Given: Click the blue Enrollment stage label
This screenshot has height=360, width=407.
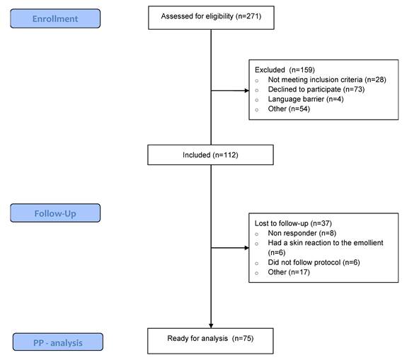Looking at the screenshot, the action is pyautogui.click(x=55, y=18).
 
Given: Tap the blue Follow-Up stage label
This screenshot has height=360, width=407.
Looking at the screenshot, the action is pyautogui.click(x=55, y=213).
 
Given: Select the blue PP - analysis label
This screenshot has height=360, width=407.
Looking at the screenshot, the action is pyautogui.click(x=58, y=342).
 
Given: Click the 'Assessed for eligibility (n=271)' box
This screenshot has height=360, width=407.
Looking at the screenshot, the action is pyautogui.click(x=211, y=18).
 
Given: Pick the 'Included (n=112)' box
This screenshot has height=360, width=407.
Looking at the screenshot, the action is pyautogui.click(x=210, y=155).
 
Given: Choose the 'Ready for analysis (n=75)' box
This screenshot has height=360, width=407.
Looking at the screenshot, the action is pyautogui.click(x=210, y=341).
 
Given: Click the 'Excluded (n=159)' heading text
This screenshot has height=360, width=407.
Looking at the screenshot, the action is pyautogui.click(x=285, y=70).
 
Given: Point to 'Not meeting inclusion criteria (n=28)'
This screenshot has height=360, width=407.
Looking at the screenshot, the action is pyautogui.click(x=327, y=79).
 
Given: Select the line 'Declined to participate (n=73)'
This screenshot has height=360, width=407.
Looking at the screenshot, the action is pyautogui.click(x=316, y=89).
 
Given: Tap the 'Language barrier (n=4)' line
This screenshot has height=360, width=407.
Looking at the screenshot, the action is pyautogui.click(x=306, y=99).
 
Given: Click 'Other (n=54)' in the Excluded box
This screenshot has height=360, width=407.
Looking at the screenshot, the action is pyautogui.click(x=289, y=109).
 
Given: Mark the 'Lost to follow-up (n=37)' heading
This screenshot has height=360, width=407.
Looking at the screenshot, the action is pyautogui.click(x=293, y=223).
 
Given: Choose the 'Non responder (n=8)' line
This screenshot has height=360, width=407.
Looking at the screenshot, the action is pyautogui.click(x=302, y=233).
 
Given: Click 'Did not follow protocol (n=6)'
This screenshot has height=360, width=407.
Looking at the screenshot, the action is pyautogui.click(x=314, y=262).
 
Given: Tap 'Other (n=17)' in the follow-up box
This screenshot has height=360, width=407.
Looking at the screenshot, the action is pyautogui.click(x=289, y=272).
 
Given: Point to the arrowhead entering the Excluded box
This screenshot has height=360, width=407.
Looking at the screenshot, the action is pyautogui.click(x=246, y=91).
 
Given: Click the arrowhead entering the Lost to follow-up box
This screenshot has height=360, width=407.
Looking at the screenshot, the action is pyautogui.click(x=246, y=248).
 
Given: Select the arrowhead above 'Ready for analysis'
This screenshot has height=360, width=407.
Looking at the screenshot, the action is pyautogui.click(x=211, y=326).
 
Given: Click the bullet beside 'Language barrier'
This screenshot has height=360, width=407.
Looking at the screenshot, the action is pyautogui.click(x=257, y=100).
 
